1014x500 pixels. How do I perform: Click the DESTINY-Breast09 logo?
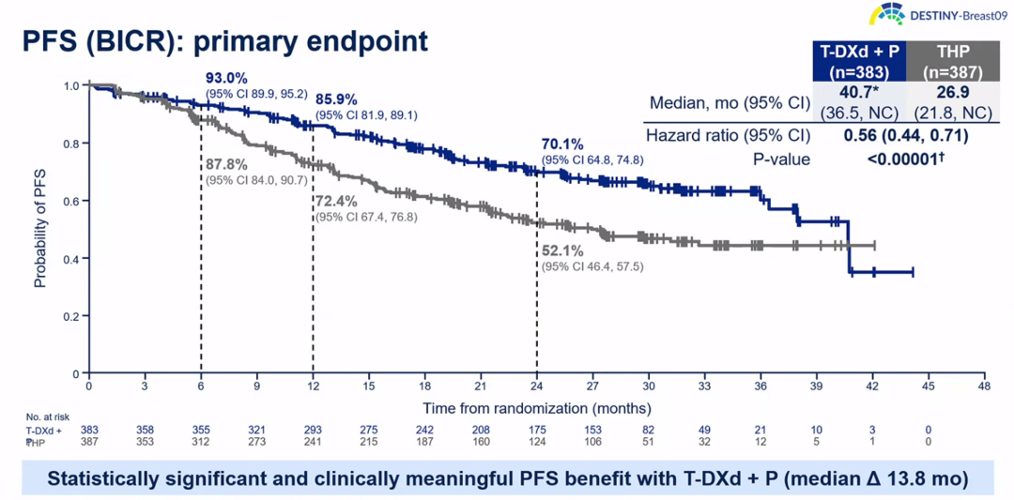coord(933,15)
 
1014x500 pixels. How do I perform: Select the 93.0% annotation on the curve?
coord(226,78)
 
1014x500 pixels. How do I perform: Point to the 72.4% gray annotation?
coord(336,202)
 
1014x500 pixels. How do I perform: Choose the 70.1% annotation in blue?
coord(562,144)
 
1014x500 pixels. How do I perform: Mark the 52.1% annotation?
coord(562,251)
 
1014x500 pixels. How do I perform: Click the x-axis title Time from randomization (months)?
coord(536,408)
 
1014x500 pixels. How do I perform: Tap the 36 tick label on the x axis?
coord(760,386)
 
